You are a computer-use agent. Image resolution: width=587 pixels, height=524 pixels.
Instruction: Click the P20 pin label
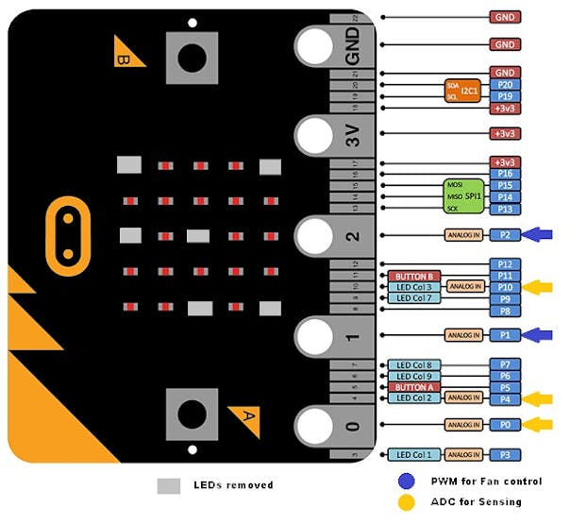point(505,84)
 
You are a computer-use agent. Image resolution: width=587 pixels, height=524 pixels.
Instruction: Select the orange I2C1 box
point(461,91)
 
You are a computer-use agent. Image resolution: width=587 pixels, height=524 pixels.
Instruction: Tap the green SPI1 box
point(462,195)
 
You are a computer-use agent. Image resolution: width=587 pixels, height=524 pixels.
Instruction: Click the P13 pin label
point(505,209)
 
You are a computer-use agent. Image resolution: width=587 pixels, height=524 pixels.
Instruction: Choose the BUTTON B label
point(414,275)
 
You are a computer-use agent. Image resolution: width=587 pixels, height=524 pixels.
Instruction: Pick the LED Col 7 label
point(413,298)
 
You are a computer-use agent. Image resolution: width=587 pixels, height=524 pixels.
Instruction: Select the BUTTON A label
point(414,387)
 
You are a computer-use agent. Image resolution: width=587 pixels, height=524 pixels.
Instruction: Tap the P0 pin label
point(505,425)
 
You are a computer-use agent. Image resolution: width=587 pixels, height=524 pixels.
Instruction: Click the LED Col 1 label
point(413,455)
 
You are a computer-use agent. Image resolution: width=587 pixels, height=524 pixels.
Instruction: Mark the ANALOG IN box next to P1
point(462,335)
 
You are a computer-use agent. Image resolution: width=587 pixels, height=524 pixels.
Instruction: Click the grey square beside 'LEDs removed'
point(168,485)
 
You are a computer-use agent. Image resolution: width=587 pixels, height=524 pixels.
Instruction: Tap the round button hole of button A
point(193,413)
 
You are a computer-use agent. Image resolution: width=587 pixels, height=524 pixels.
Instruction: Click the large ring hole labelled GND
point(316,43)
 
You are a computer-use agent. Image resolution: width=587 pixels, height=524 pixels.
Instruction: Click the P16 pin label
point(505,174)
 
